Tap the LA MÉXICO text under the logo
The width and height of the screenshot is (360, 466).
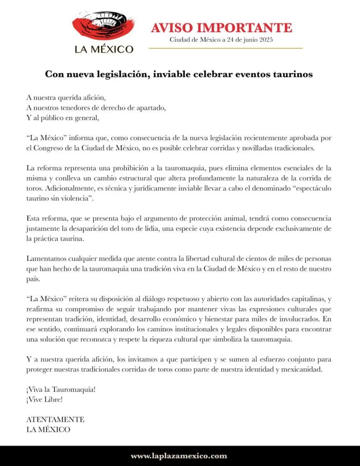[x=104, y=49]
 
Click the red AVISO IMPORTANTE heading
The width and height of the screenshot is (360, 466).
[x=221, y=27]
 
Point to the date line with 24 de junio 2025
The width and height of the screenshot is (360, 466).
[x=221, y=40]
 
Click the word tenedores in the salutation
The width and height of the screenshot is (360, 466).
[x=79, y=107]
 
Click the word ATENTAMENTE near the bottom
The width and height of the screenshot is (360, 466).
[x=55, y=419]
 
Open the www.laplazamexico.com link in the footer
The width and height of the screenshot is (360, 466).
[x=179, y=456]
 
